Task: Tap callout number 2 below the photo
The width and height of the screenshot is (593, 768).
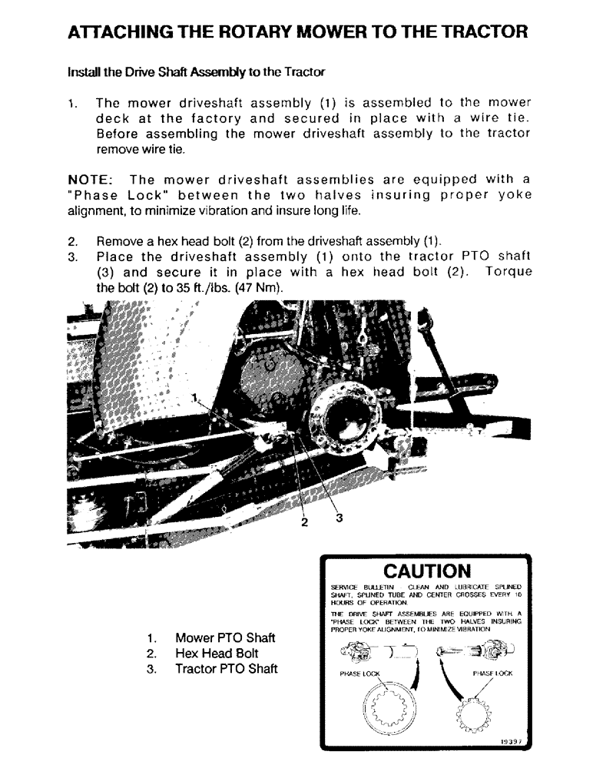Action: [x=304, y=523]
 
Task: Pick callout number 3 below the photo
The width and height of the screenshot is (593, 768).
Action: [x=339, y=518]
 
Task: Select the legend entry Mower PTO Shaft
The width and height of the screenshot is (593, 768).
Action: [x=225, y=638]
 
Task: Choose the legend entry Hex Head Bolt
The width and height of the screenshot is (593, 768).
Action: [x=217, y=654]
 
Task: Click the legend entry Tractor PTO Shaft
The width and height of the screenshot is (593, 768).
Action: [x=227, y=669]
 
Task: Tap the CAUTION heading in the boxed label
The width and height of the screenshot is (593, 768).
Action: [x=426, y=571]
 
